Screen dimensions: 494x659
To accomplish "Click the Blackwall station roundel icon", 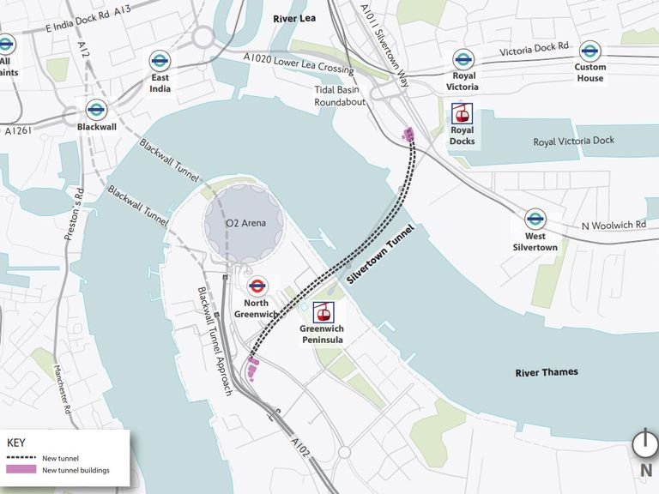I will coord(96,109).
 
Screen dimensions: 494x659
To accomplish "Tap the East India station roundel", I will coord(160,60).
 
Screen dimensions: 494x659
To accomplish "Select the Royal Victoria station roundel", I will coord(463,59).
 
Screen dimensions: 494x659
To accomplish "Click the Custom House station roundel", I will coord(589,51).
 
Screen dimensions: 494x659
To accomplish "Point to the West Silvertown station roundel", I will coord(535,219).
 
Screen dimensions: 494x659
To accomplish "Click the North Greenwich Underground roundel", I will coord(257,286).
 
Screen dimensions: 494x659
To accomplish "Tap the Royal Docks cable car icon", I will coord(463,114).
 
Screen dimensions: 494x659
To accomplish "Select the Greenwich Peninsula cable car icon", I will coord(323,313).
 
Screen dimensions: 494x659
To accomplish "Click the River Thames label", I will coord(547,372).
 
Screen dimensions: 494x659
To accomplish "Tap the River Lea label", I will coord(295,18).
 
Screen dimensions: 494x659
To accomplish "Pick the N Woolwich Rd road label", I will coord(613,225).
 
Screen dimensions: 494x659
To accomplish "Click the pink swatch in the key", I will coord(21,470).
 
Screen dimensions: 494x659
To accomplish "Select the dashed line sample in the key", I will coord(21,458).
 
